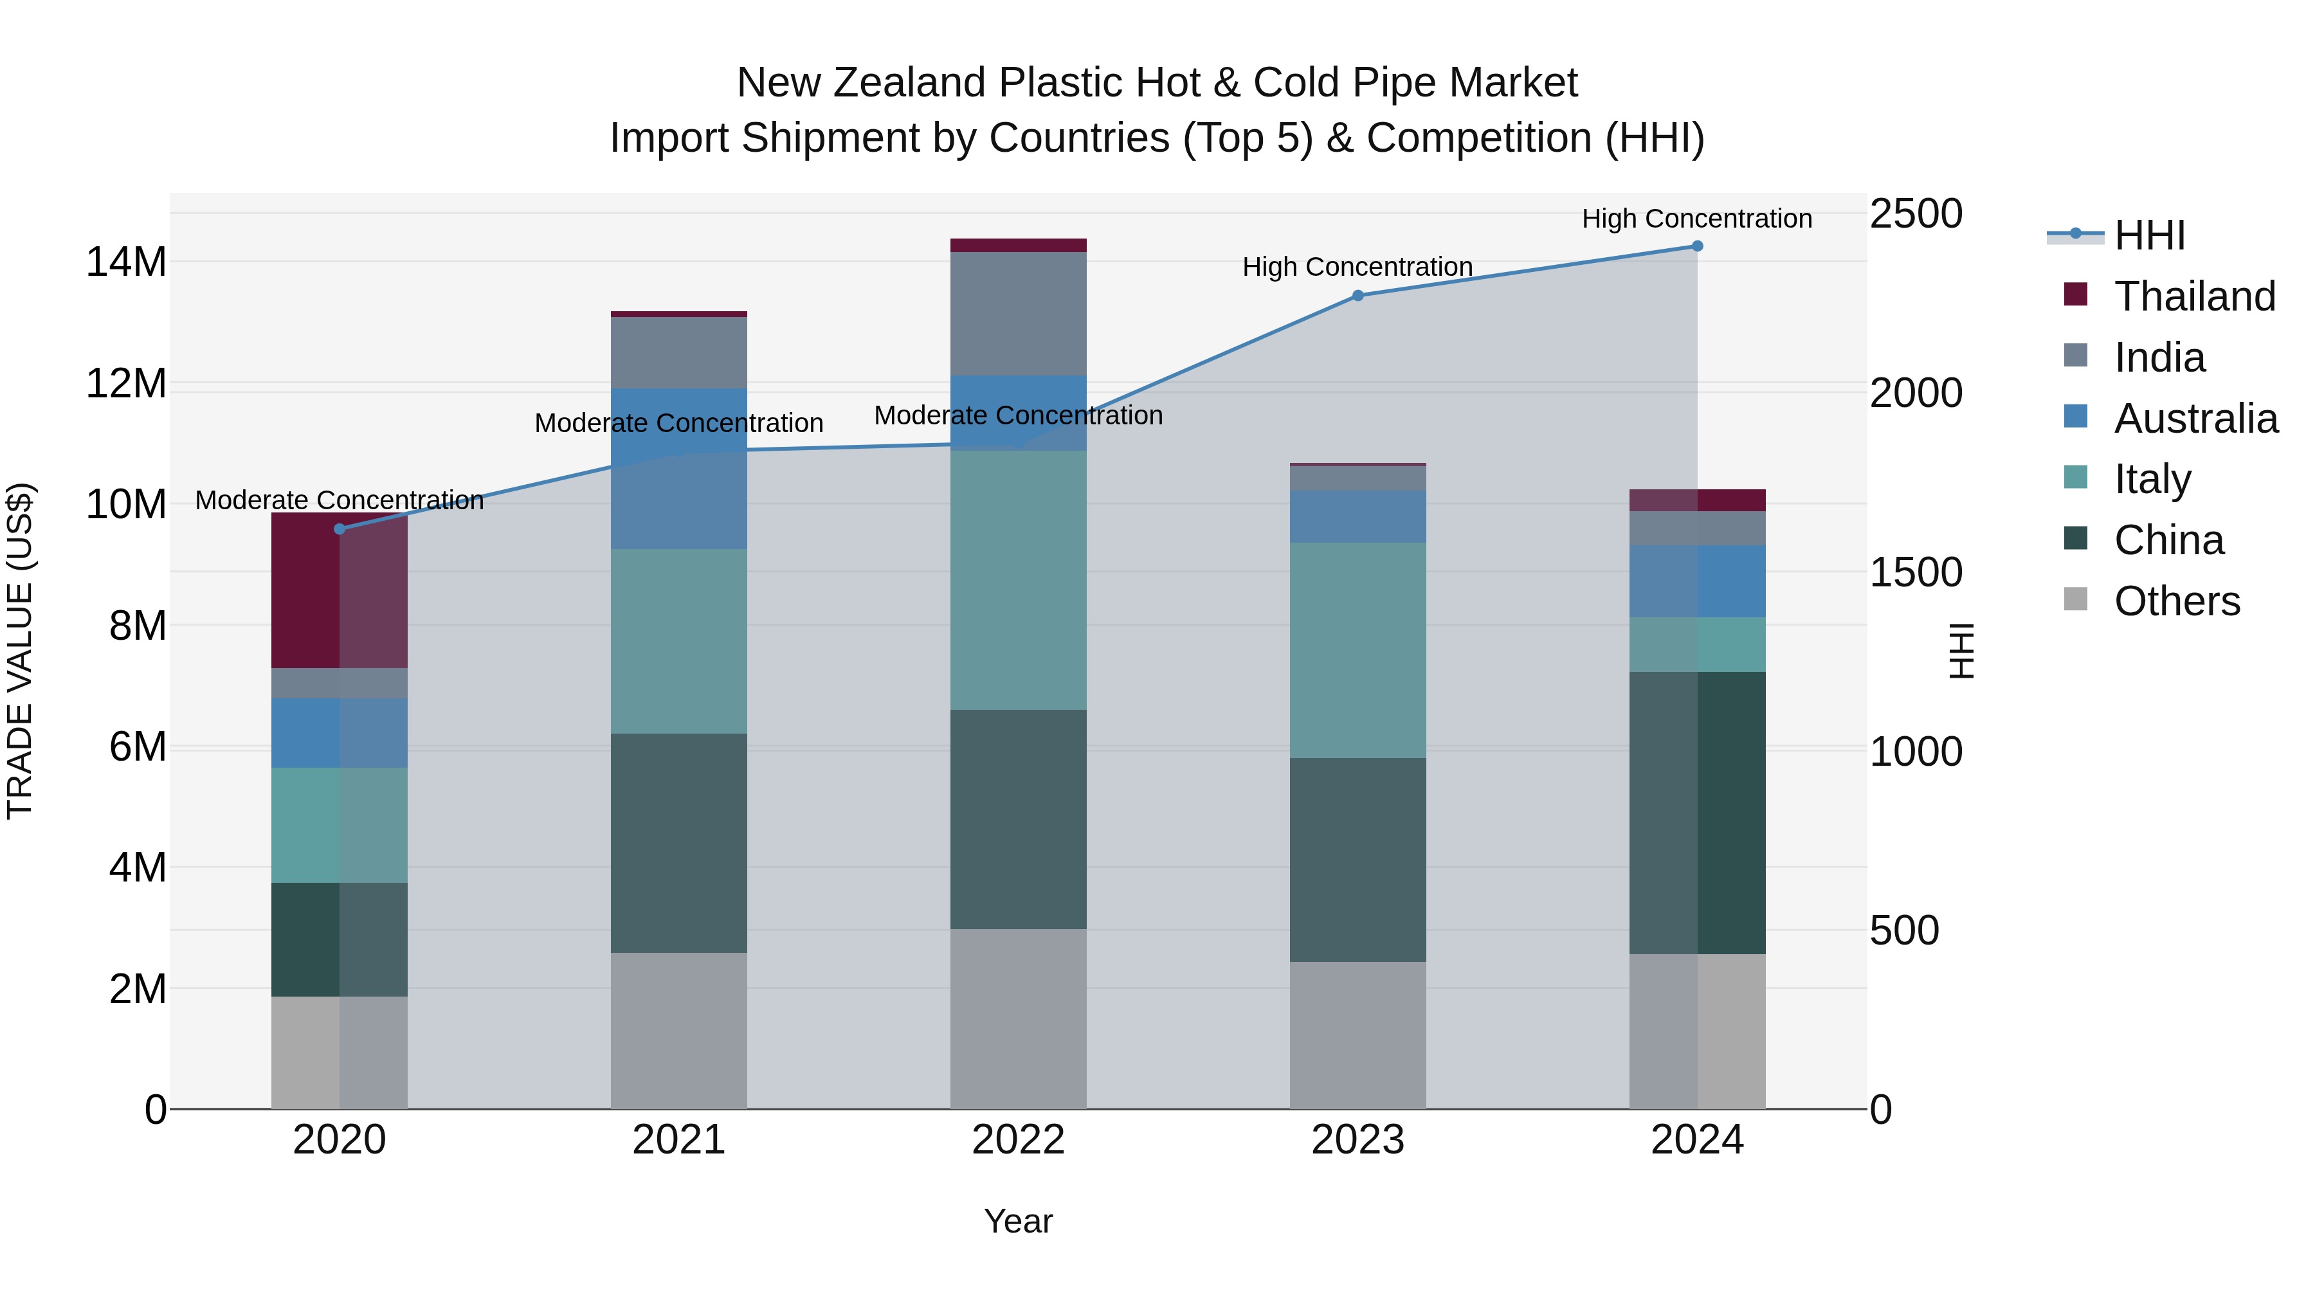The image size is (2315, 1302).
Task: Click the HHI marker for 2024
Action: pos(1697,246)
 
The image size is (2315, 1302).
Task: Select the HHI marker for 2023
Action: pos(1358,296)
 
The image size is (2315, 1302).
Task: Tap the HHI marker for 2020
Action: pos(339,529)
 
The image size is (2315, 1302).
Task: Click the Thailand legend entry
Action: pos(2193,296)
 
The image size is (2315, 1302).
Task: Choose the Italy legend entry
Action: pos(2152,479)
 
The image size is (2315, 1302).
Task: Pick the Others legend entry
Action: pos(2177,601)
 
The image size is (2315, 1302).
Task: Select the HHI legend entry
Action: pos(2148,235)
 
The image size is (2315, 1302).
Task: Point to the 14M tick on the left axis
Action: pos(126,262)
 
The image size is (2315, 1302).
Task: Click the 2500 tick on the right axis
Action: pos(1916,214)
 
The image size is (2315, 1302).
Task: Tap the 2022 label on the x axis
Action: pos(1018,1140)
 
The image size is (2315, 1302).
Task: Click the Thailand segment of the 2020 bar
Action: pos(339,590)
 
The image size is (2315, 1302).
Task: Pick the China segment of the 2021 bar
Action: pos(678,843)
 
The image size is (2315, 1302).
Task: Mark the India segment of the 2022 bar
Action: pos(1018,314)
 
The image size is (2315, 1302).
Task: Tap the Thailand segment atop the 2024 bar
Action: pos(1697,500)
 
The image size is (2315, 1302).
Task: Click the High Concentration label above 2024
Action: pos(1697,219)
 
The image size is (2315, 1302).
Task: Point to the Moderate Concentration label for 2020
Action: pos(339,500)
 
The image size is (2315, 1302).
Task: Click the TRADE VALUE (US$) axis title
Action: pos(20,651)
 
